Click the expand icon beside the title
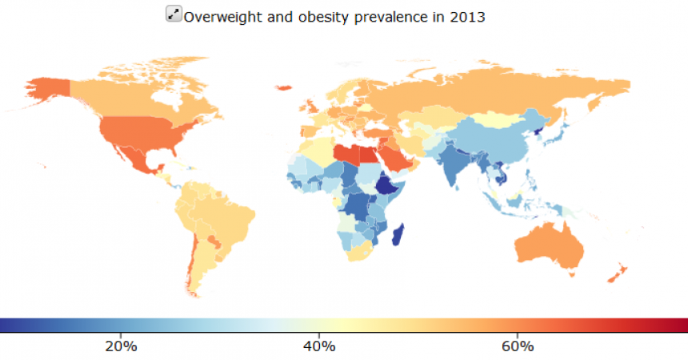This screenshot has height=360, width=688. coord(174,14)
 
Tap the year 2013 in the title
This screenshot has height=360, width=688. coord(467,16)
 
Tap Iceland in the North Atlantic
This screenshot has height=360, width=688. coord(283,86)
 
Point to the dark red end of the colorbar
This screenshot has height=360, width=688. coord(680,325)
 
